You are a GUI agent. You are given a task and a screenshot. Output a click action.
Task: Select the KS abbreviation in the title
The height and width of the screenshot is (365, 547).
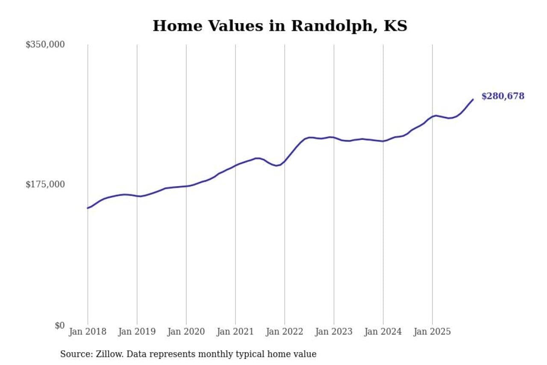coord(396,26)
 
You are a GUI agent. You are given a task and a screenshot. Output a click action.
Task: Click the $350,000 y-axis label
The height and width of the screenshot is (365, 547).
coord(45,45)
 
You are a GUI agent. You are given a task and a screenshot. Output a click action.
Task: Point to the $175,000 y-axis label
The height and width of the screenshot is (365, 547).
coord(45,184)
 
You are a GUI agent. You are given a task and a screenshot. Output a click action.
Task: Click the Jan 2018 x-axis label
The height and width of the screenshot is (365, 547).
coord(88,332)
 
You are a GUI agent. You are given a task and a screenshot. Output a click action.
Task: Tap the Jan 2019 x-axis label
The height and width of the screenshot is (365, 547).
coord(137,332)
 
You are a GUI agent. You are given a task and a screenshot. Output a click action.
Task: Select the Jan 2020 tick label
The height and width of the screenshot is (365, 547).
coord(186,332)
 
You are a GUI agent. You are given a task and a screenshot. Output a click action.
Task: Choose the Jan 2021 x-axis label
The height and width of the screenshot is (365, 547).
coord(235,332)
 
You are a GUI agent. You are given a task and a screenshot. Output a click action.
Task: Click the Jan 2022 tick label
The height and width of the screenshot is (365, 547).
coord(284,332)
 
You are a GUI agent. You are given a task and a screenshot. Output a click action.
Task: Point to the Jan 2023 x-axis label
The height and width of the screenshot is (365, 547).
coord(334,332)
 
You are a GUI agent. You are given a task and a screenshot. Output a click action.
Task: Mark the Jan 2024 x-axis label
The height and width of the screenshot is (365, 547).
coord(383,332)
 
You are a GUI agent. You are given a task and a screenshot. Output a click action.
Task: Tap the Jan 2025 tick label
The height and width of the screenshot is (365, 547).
coord(432,332)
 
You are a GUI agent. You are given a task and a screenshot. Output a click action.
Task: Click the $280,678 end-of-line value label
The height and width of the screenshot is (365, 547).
coord(503,96)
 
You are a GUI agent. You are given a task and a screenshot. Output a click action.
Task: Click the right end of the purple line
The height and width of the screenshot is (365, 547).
coord(473,100)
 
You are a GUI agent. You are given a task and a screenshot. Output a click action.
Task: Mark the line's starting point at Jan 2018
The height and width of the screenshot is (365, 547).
coord(88,208)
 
